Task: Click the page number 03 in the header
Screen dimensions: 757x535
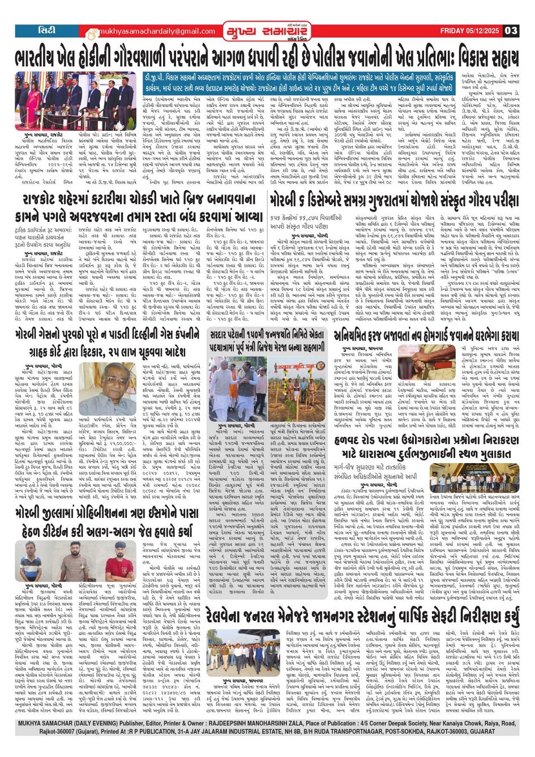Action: (x=511, y=31)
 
